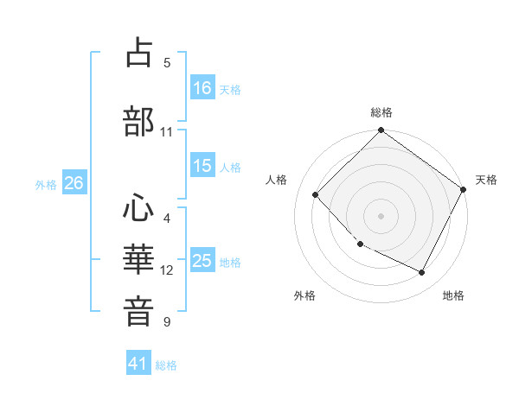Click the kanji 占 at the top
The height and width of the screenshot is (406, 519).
[139, 54]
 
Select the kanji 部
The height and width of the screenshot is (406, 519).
[139, 120]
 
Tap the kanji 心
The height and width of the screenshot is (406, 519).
[139, 208]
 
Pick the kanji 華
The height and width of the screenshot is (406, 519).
[139, 258]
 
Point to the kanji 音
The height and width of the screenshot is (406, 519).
[139, 309]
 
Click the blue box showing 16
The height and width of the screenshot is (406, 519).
[202, 87]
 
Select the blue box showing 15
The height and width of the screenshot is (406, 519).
[202, 166]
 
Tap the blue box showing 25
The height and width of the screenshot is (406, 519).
[202, 261]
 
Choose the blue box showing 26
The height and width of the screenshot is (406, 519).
[74, 183]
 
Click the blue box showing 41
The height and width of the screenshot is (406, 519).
[138, 364]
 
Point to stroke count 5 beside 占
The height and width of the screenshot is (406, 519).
[167, 62]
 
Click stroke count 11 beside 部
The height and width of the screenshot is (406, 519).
[167, 132]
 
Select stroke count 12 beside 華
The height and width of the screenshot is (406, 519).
[167, 270]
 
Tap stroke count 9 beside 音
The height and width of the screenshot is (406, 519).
[167, 322]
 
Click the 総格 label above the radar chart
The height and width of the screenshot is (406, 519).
[381, 112]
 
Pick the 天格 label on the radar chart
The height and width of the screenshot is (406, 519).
[486, 180]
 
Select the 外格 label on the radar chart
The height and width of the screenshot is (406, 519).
[304, 295]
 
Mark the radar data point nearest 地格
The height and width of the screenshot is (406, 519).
[422, 273]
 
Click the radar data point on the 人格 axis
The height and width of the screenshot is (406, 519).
[316, 194]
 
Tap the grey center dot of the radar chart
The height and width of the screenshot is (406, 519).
[381, 215]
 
